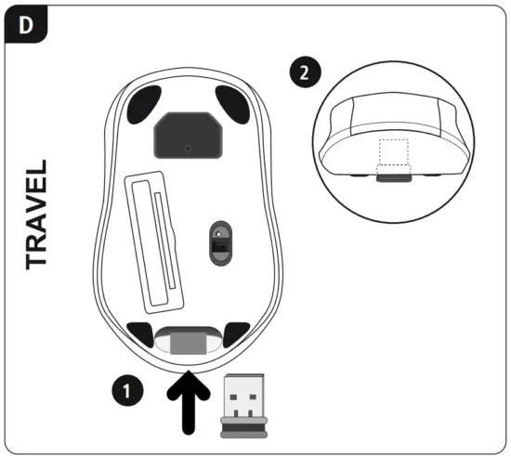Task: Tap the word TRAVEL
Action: pyautogui.click(x=38, y=215)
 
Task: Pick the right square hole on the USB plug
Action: pyautogui.click(x=254, y=403)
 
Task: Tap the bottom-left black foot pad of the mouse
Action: pyautogui.click(x=142, y=332)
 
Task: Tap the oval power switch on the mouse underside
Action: pyautogui.click(x=219, y=244)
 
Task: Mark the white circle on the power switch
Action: pyautogui.click(x=219, y=233)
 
